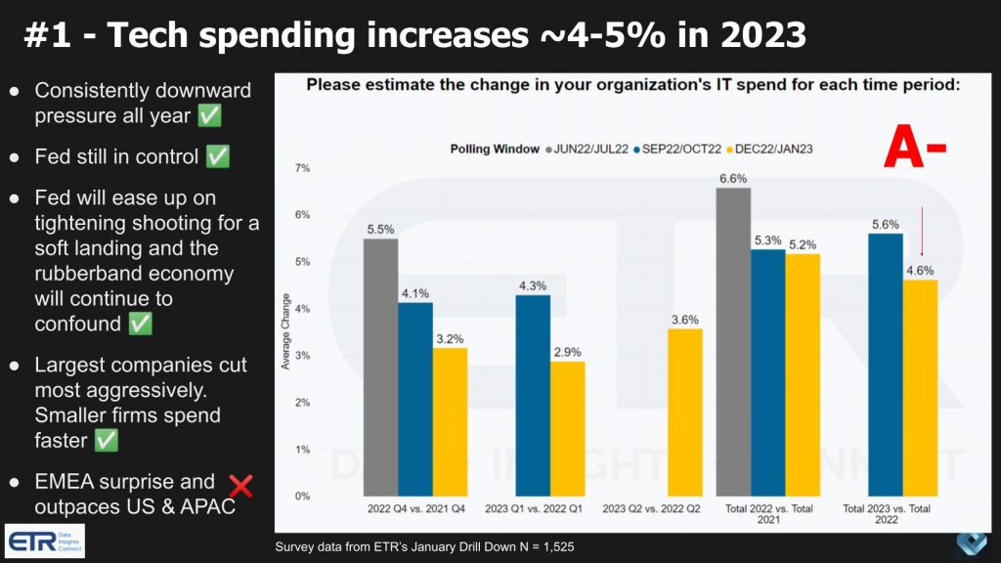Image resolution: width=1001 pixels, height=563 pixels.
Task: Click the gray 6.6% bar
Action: [733, 342]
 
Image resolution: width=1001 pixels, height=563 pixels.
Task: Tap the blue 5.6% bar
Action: [885, 366]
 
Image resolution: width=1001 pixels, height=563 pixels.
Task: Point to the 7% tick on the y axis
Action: [303, 169]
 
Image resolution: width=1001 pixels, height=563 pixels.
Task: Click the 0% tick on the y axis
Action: [303, 497]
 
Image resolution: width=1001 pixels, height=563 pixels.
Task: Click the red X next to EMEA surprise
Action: [240, 485]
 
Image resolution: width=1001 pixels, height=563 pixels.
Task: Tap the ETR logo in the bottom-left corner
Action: [45, 541]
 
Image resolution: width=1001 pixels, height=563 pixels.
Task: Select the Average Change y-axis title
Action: [285, 333]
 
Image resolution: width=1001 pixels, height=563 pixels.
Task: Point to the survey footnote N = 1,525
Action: [421, 546]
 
